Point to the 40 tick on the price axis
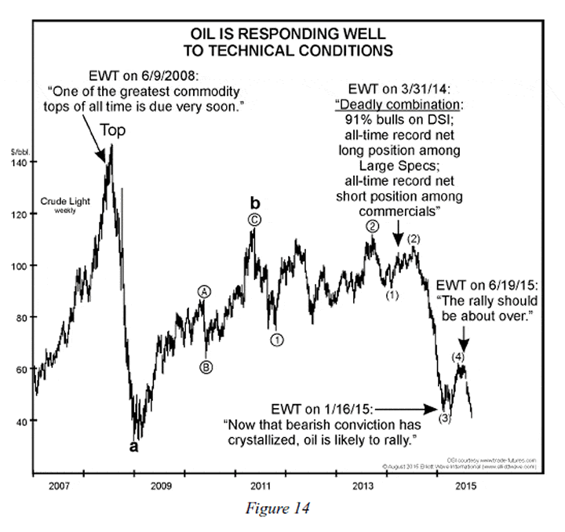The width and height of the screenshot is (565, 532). pos(21,421)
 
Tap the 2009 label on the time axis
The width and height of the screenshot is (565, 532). pos(161,486)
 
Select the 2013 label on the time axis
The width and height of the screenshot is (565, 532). pos(363,486)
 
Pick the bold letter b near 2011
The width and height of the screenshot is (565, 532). pos(255,202)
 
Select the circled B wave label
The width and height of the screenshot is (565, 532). pos(206,366)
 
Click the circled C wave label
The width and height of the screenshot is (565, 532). pos(254,220)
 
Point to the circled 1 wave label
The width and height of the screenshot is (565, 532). pos(277,340)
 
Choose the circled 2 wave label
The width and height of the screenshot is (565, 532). pos(373,225)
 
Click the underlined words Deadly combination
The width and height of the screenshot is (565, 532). pos(398,104)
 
